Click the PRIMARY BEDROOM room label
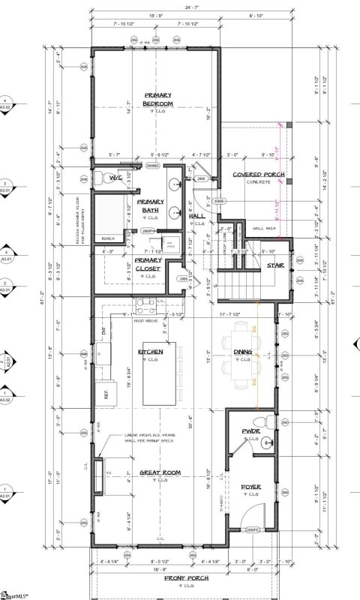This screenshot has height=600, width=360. coord(158,98)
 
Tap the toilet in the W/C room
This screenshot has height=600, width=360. coord(99,180)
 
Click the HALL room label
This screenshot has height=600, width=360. coord(198,216)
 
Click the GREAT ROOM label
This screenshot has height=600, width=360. coord(158,474)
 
